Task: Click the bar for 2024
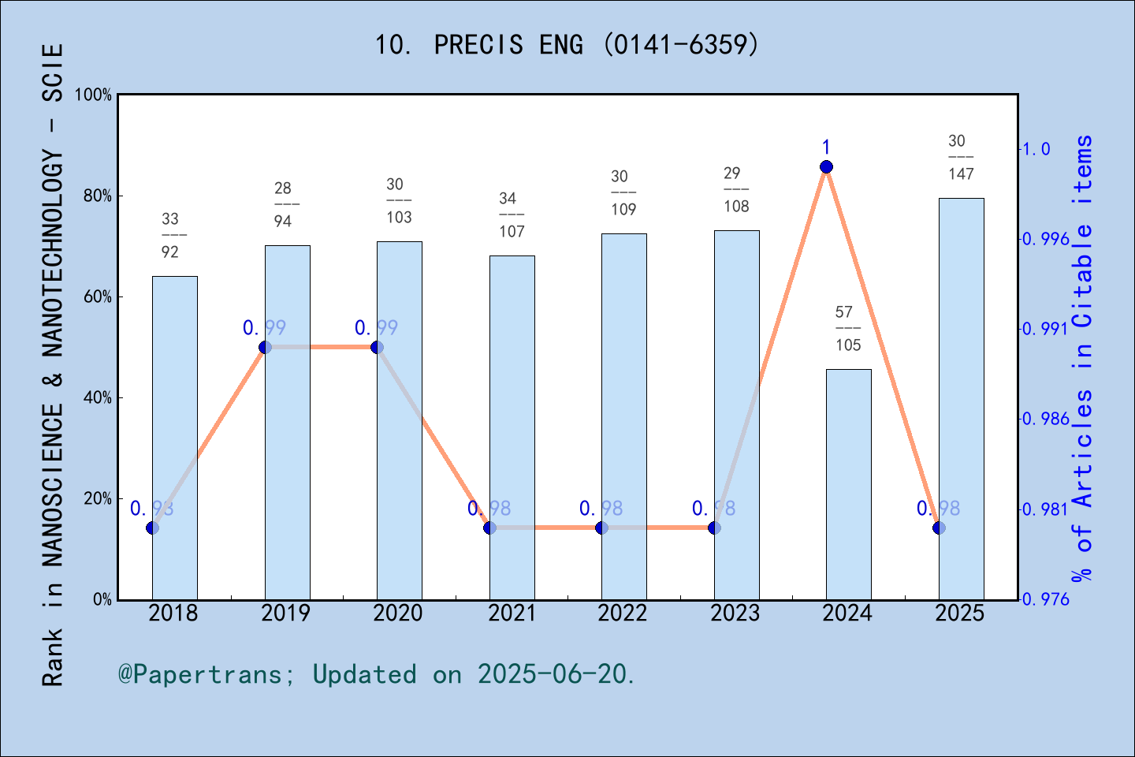[849, 484]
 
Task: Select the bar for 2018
[175, 438]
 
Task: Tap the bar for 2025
[961, 398]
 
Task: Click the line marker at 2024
[826, 166]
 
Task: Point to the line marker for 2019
[266, 347]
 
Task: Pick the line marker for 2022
[602, 528]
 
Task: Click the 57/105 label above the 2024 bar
[848, 329]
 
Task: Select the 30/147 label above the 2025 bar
[961, 158]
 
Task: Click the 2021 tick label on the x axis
[512, 613]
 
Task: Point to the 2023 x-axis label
[735, 613]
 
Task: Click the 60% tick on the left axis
[98, 297]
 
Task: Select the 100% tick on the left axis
[94, 95]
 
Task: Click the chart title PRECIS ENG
[567, 44]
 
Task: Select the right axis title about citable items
[1083, 359]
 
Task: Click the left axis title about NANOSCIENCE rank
[52, 364]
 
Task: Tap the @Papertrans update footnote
[377, 674]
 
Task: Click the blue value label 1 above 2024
[826, 147]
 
